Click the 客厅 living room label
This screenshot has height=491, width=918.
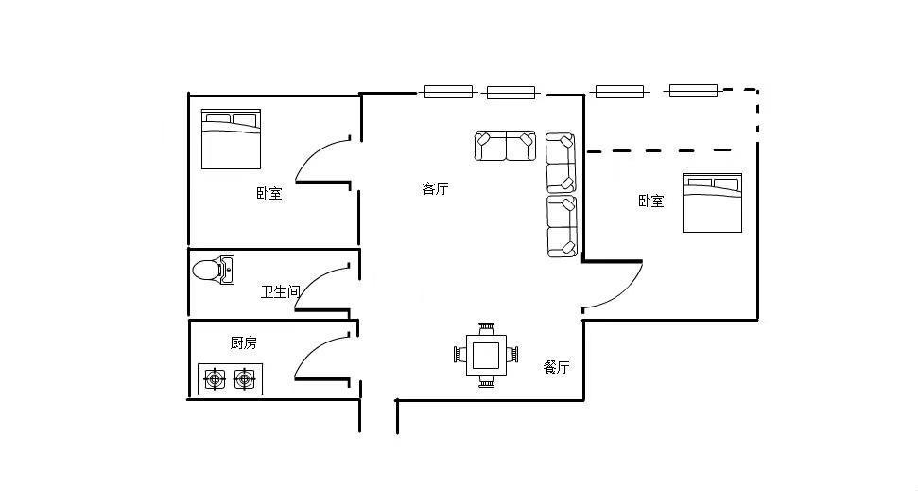[x=435, y=188]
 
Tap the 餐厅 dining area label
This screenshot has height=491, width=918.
[x=557, y=367]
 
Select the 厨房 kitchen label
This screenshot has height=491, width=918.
[x=244, y=342]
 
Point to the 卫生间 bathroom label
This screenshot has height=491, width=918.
[x=280, y=292]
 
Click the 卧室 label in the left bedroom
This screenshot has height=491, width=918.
[x=269, y=194]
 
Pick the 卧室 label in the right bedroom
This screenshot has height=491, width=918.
[x=650, y=201]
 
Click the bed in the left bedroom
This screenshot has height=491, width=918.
[x=231, y=139]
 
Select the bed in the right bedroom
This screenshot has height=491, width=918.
[x=712, y=202]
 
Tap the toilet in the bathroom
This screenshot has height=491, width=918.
[x=212, y=271]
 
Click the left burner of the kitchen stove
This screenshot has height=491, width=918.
[x=216, y=379]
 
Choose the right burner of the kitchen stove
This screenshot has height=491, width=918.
[x=245, y=379]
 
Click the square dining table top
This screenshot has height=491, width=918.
[x=487, y=355]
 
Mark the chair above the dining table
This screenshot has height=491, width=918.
[x=487, y=328]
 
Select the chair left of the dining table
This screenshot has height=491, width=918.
[x=460, y=355]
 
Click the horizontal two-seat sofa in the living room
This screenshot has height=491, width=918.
[x=505, y=146]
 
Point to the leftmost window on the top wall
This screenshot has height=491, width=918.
[x=448, y=92]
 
